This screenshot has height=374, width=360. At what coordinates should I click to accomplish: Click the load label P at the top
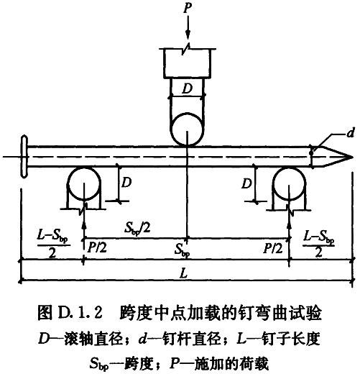(188, 8)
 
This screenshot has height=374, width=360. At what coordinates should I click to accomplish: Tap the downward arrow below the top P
(188, 28)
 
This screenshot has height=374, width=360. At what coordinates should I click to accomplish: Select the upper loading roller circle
(187, 129)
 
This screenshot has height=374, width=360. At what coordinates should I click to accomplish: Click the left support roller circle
(84, 184)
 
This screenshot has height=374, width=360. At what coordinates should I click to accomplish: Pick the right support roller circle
(290, 184)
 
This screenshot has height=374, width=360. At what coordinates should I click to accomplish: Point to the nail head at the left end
(24, 157)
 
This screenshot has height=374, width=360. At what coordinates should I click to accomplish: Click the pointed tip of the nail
(353, 158)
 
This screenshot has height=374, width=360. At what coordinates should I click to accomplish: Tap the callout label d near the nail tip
(350, 132)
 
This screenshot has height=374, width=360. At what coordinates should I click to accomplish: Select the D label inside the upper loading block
(187, 88)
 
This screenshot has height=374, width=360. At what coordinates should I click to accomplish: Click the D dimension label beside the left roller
(126, 183)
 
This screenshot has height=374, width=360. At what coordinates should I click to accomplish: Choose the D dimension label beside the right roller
(246, 184)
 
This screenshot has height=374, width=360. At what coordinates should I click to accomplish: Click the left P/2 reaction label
(97, 247)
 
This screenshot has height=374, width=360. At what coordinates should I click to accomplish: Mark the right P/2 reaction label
(273, 248)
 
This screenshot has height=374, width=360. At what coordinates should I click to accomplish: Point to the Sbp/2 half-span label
(137, 228)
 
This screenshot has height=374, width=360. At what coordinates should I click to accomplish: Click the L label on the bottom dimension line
(183, 273)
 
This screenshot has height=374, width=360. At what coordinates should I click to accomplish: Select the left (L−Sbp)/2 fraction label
(53, 244)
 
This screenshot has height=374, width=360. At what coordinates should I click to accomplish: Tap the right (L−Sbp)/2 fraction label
(318, 244)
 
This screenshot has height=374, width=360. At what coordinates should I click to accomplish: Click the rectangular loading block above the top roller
(187, 63)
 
